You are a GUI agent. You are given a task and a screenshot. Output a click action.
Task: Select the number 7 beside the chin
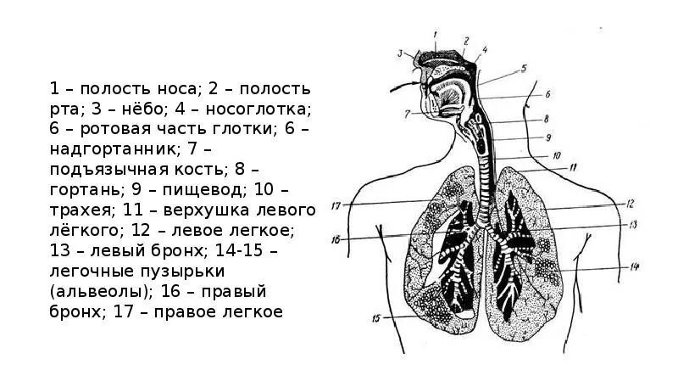point(407,112)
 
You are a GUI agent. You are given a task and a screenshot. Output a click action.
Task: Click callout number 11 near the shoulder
point(573,168)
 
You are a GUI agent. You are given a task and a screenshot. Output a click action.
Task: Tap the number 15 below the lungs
point(375,319)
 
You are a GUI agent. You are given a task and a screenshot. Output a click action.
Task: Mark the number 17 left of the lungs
point(336,205)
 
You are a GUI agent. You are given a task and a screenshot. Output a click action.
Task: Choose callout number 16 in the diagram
point(336,240)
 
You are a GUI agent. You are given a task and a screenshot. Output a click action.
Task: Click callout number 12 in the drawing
point(631,204)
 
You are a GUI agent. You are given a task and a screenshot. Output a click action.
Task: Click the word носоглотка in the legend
point(268,109)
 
